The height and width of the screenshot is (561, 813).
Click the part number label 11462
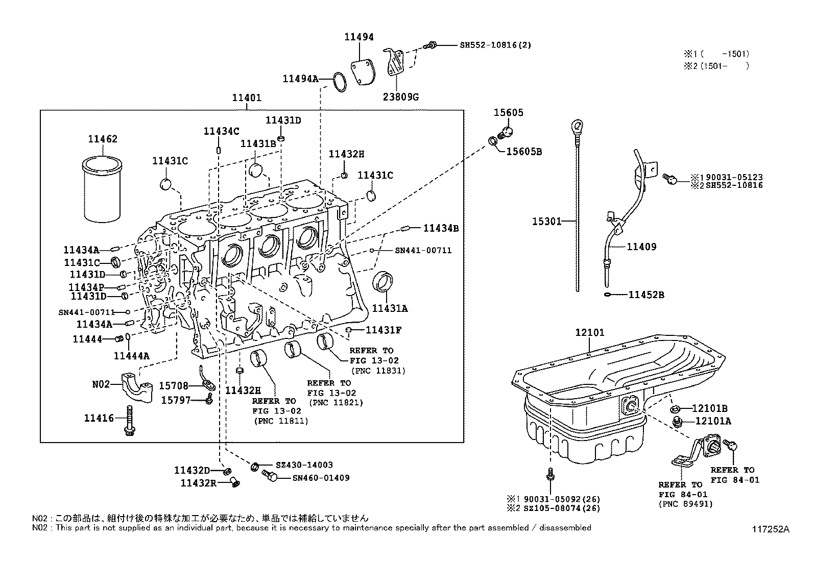(x=102, y=139)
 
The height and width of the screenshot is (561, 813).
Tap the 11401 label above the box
(x=247, y=97)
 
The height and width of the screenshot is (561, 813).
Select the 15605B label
(x=524, y=152)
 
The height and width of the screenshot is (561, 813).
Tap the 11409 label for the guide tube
(x=641, y=247)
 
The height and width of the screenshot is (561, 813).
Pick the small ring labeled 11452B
(x=606, y=295)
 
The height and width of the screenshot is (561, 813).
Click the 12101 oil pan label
(x=589, y=332)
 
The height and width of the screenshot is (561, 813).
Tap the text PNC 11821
(x=335, y=402)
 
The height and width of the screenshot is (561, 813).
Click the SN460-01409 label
(x=321, y=478)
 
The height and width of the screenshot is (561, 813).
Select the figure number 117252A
(x=770, y=529)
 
